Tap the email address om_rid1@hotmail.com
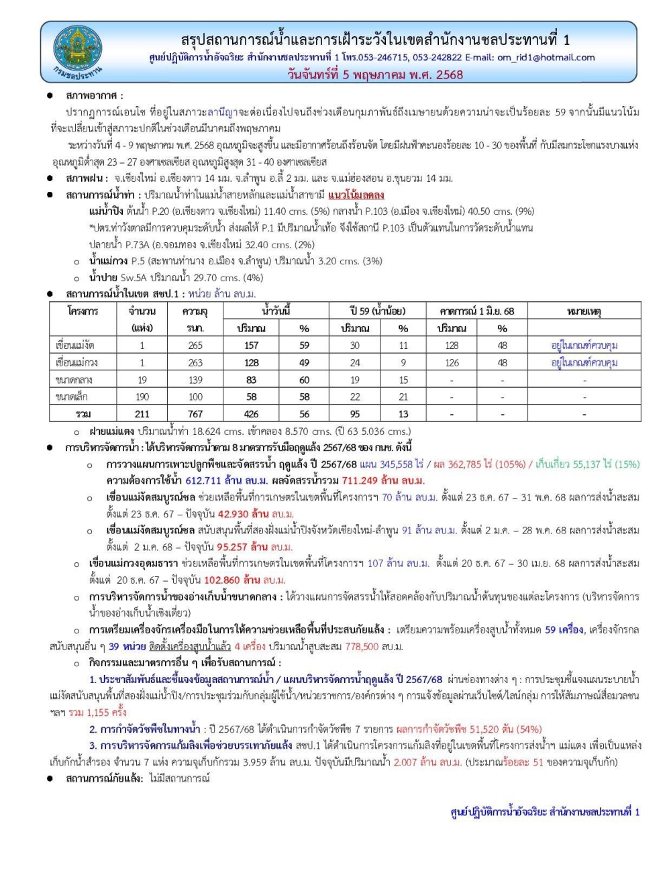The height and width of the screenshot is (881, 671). [x=546, y=58]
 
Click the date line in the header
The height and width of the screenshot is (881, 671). [x=375, y=74]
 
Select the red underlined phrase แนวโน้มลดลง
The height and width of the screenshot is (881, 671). [x=356, y=195]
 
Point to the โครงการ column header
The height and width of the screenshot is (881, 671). [x=83, y=311]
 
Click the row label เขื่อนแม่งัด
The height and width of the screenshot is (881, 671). [x=75, y=346]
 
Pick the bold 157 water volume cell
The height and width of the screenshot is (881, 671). [x=251, y=346]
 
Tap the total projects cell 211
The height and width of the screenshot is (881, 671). [x=142, y=414]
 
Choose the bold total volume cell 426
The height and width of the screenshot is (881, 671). [x=251, y=414]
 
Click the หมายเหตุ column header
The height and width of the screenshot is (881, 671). [x=584, y=311]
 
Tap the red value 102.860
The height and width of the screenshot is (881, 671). [x=221, y=580]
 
